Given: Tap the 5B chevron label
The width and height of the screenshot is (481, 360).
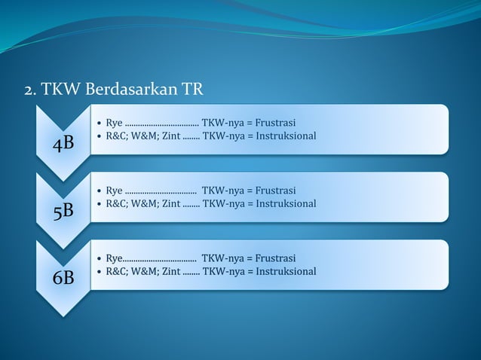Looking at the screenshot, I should pos(63,211).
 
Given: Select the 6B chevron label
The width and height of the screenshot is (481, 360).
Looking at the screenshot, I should pos(63,278).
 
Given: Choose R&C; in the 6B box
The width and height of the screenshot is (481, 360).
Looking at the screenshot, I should pos(117,271).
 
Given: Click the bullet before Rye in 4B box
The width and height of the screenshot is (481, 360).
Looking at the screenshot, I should pos(100,122).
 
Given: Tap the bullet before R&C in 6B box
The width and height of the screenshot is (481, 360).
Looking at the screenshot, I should pos(100,271).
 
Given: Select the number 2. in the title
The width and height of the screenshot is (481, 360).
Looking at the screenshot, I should pos(30,92).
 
